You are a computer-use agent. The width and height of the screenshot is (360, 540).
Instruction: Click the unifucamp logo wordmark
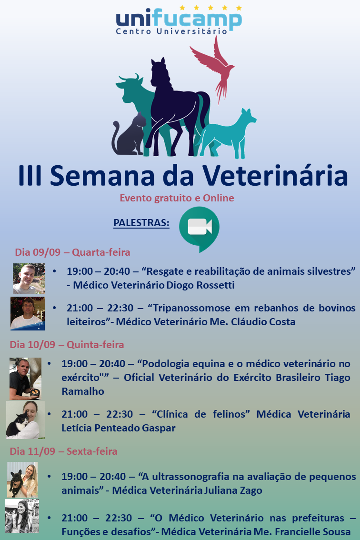pos(179,20)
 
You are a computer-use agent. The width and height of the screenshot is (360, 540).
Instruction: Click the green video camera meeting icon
pos(199,229)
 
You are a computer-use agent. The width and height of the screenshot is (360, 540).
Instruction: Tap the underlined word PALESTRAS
pos(141,223)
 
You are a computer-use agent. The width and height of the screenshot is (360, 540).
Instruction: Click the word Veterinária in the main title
pos(275,176)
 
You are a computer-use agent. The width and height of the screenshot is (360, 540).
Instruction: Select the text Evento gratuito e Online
pos(177,198)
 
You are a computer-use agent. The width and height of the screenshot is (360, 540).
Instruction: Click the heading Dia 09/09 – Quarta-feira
pos(72,252)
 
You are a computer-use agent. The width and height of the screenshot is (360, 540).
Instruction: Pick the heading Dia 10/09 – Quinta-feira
pos(67,344)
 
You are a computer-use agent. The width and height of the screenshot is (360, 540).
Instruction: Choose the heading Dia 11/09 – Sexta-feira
pos(63,451)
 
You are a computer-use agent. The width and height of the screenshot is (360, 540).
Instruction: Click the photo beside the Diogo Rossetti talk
pos(29,279)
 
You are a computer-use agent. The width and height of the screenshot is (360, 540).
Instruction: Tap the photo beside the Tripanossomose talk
pos(28,314)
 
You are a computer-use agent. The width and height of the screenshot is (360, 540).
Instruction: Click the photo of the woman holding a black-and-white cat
pos(25,420)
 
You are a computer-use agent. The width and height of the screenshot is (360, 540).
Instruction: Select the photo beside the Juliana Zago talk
pos(22,480)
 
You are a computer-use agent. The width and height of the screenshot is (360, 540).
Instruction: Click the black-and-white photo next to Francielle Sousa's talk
pos(22,516)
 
